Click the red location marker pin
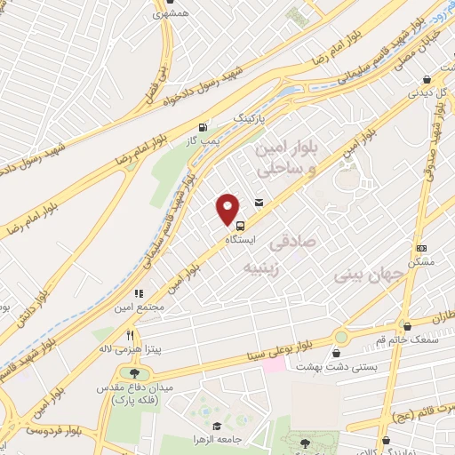tap(228, 210)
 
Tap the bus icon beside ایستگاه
tap(242, 226)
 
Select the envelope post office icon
tap(259, 204)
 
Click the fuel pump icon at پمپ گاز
tap(206, 128)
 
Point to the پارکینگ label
tap(249, 117)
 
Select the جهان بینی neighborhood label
tap(362, 276)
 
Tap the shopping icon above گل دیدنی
tap(427, 77)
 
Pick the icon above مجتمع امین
tap(138, 292)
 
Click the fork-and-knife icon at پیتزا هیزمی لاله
tap(131, 335)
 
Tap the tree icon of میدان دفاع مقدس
tap(134, 374)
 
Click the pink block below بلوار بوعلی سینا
tap(274, 365)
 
